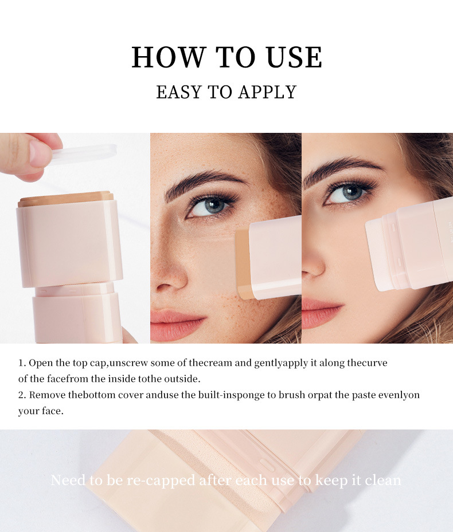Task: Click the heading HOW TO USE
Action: point(226,57)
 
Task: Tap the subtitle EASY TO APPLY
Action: point(226,92)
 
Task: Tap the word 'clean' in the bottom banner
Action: point(381,480)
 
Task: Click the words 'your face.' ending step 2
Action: point(41,411)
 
